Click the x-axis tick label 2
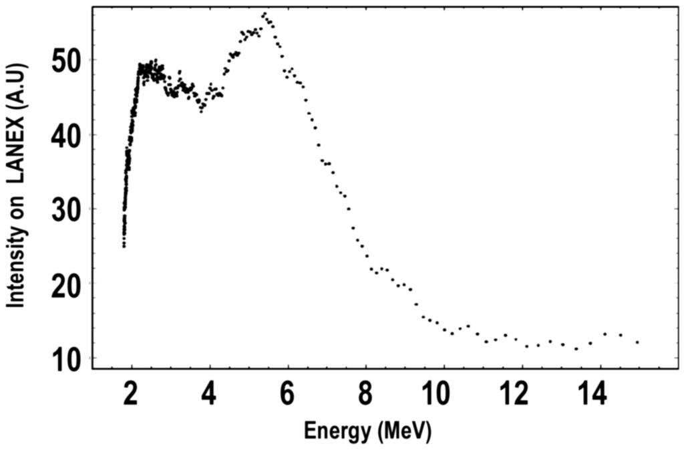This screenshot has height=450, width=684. [x=132, y=395]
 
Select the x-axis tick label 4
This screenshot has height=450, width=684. [x=210, y=395]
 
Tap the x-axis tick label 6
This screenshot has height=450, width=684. [x=288, y=395]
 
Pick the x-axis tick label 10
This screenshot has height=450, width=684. [x=438, y=395]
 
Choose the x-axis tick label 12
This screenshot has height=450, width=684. [x=516, y=395]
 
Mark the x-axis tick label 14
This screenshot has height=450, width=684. [x=594, y=395]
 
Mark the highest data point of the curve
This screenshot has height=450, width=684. [x=264, y=14]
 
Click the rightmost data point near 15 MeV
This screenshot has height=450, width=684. [x=637, y=342]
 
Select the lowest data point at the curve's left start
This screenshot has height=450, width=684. [x=124, y=246]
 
